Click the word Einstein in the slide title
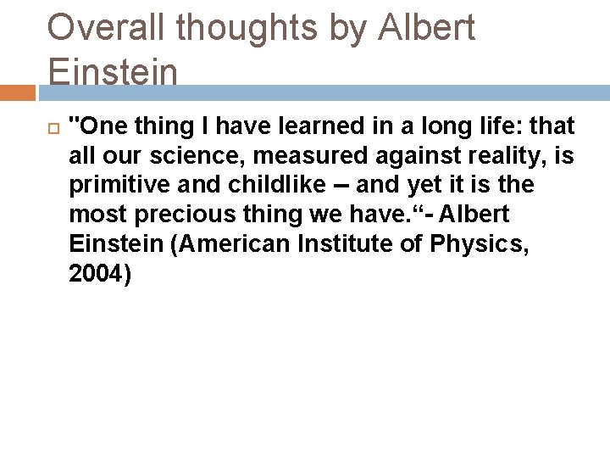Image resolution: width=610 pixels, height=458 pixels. (113, 70)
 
